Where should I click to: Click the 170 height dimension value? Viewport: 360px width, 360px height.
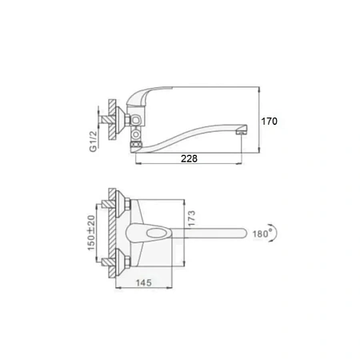269,122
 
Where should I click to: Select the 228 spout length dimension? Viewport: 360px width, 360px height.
189,158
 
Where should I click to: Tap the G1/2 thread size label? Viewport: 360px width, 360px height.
94,141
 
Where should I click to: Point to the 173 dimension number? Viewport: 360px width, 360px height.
191,218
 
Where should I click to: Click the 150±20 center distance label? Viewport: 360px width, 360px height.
91,233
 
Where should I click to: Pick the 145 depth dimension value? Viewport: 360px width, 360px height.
144,282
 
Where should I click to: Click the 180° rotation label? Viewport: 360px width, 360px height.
261,234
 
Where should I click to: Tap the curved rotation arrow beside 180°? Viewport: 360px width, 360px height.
274,233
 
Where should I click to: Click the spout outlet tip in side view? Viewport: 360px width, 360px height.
242,130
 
